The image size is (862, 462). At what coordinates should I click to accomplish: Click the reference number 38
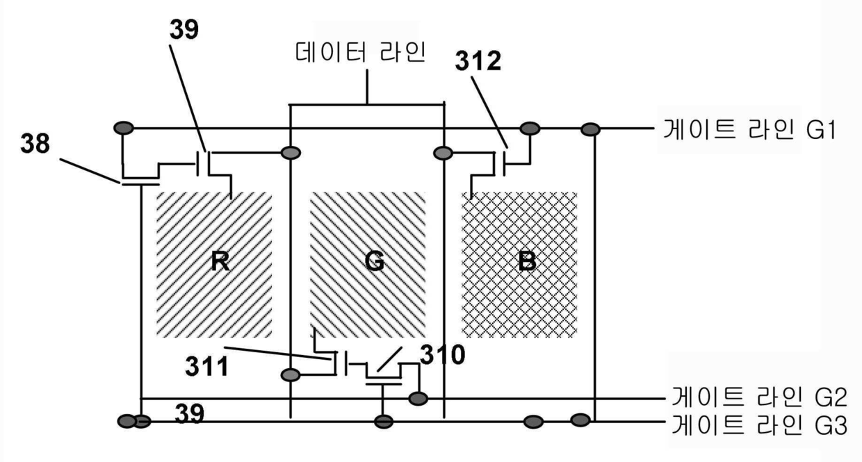35,143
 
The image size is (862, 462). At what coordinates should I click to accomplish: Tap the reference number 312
478,60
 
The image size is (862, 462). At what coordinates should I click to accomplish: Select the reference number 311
207,366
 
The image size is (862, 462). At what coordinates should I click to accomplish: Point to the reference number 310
443,354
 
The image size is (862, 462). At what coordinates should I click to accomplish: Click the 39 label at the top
184,29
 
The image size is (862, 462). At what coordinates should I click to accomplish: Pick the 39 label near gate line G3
189,413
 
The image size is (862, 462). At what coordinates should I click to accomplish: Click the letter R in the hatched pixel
220,261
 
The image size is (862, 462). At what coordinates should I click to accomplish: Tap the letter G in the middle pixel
375,261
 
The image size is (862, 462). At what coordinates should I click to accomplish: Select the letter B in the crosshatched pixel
527,261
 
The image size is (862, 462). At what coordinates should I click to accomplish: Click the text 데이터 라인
361,52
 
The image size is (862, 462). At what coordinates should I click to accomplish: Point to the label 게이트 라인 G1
749,130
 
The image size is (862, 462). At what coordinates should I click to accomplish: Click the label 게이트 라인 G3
759,424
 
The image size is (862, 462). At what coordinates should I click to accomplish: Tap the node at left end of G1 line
124,128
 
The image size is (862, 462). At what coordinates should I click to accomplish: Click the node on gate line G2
418,399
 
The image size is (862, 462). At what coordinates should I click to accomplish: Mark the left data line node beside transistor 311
291,374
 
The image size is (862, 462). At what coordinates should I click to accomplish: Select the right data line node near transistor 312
443,153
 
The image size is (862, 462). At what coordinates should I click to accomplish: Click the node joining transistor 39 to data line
291,153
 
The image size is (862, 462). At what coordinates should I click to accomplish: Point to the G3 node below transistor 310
384,422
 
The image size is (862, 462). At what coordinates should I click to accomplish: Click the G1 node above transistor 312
530,129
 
